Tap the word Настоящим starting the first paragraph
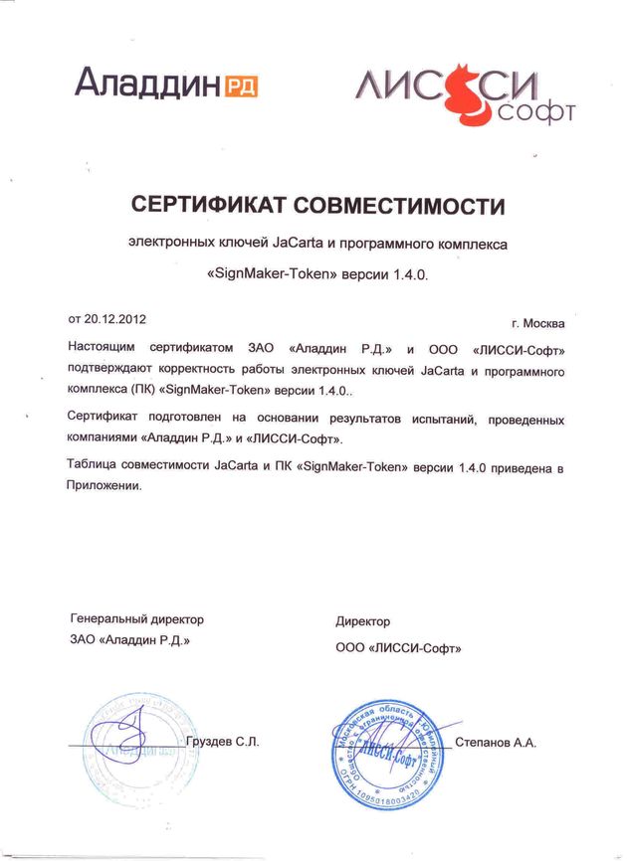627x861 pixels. [x=102, y=349]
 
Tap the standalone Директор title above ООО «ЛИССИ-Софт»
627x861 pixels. [x=363, y=622]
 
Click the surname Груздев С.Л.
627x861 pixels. [x=224, y=744]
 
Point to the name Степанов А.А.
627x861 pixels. [x=497, y=744]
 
